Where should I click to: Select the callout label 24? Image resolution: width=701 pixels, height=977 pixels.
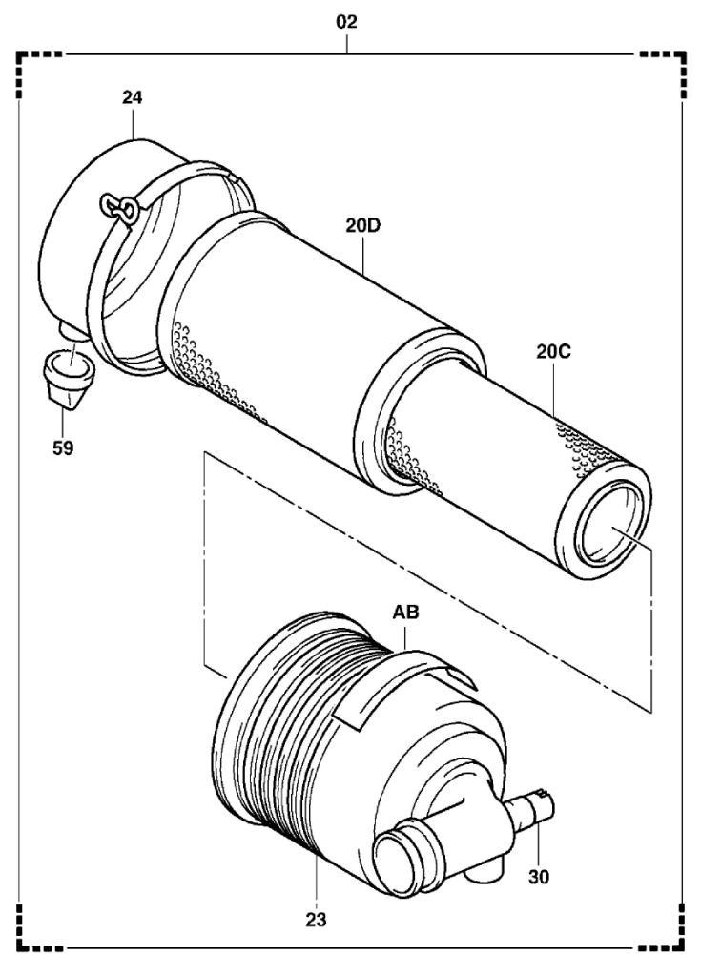pyautogui.click(x=133, y=96)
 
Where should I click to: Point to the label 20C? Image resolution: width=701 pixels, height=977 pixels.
pyautogui.click(x=552, y=351)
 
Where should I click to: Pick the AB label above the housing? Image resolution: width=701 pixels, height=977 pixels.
pyautogui.click(x=406, y=613)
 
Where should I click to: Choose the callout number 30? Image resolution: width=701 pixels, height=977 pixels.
pyautogui.click(x=540, y=875)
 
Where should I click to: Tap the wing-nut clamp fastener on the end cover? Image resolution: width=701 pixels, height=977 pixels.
pyautogui.click(x=119, y=208)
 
